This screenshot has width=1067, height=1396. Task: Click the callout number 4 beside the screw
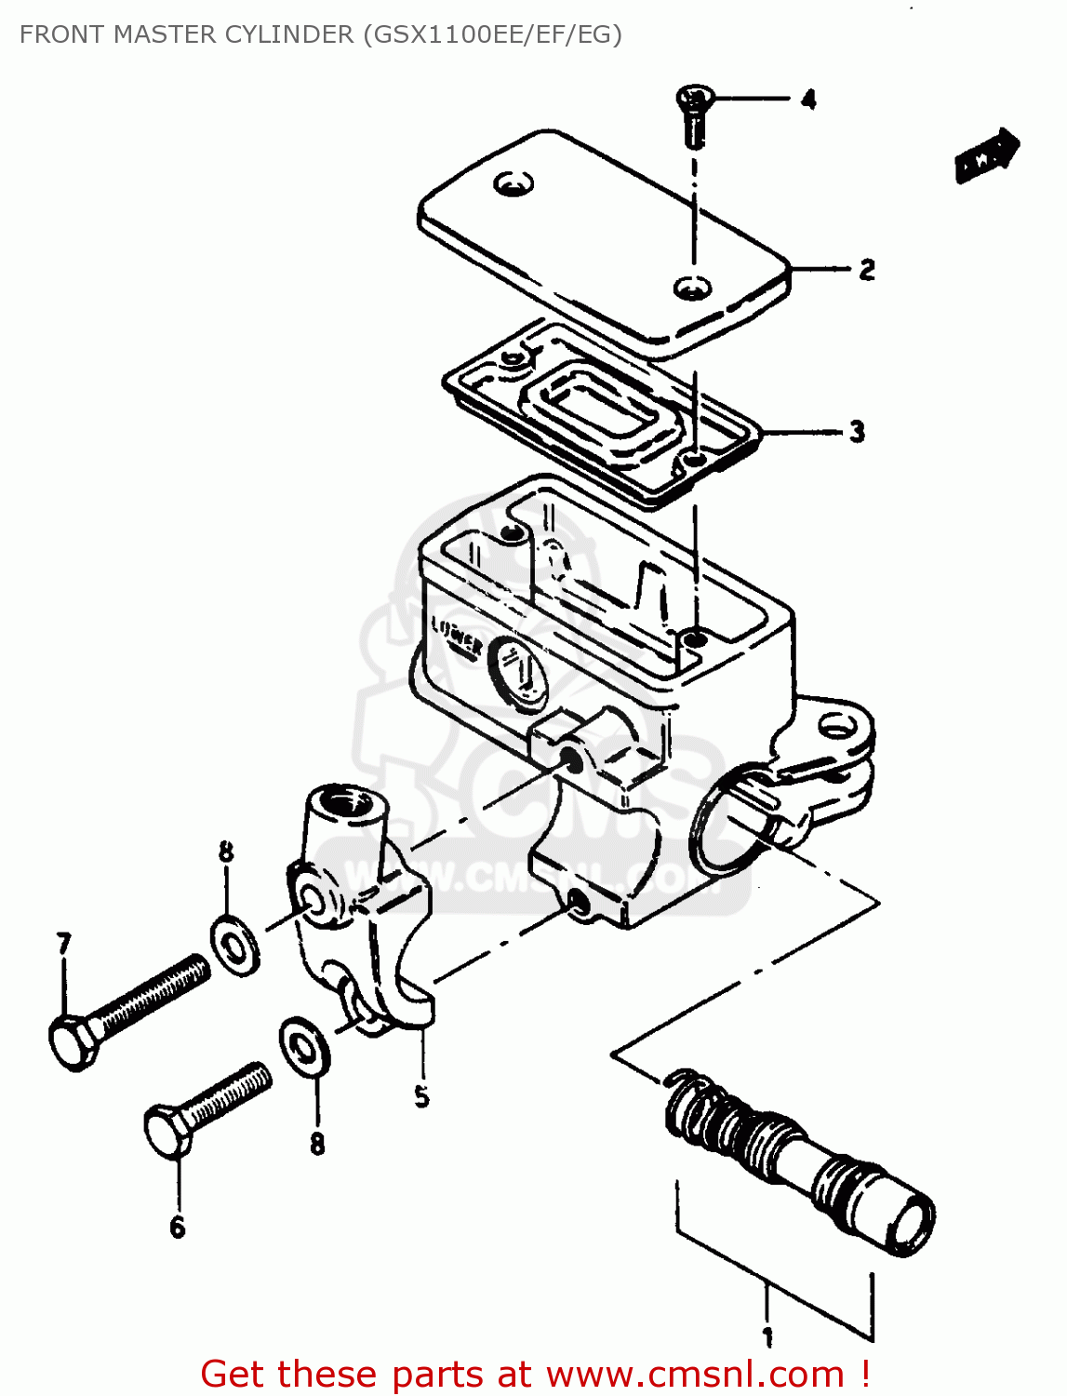[x=808, y=99]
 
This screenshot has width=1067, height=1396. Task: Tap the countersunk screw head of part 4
[x=695, y=96]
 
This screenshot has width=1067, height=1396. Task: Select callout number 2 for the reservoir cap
[x=866, y=270]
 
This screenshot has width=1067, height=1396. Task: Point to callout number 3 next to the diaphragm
[x=857, y=432]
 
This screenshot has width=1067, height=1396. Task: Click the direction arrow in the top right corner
[x=987, y=154]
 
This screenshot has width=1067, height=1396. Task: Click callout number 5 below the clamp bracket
[x=421, y=1096]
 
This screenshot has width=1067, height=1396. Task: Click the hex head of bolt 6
[x=167, y=1131]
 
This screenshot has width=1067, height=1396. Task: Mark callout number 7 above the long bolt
[x=63, y=945]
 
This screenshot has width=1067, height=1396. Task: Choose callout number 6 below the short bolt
[x=178, y=1228]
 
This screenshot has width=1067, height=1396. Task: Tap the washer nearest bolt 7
[x=235, y=946]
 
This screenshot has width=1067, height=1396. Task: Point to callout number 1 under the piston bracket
[x=767, y=1338]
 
